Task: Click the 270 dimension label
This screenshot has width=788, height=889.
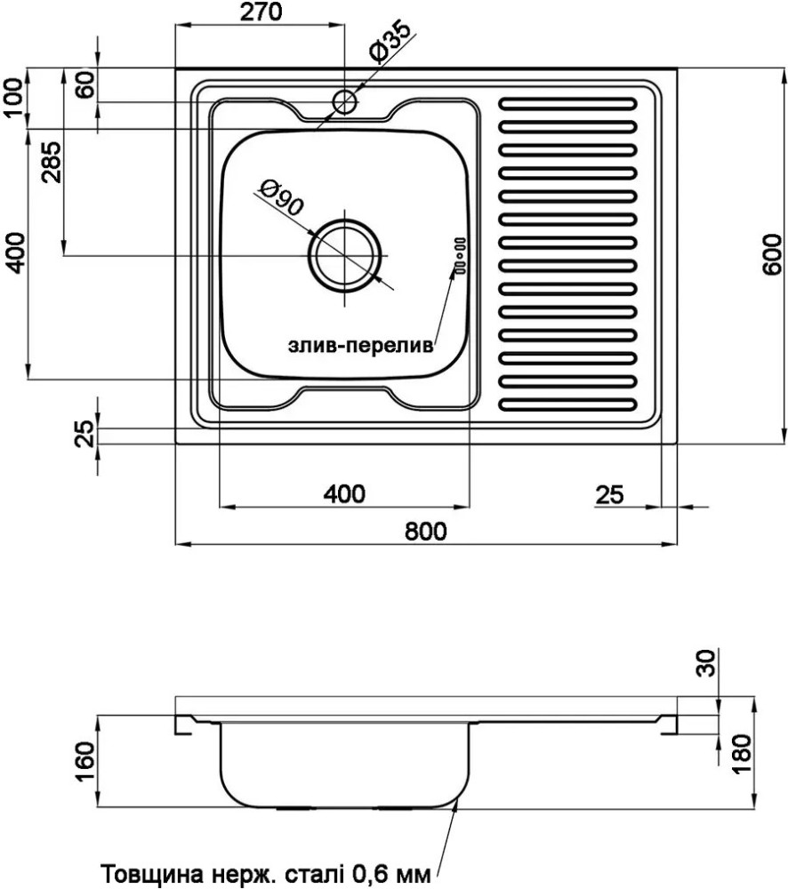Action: click(261, 12)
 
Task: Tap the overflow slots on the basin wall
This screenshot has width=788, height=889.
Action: click(459, 253)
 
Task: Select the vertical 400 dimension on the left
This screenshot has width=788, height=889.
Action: click(12, 253)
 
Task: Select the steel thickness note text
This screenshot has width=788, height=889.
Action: click(267, 869)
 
